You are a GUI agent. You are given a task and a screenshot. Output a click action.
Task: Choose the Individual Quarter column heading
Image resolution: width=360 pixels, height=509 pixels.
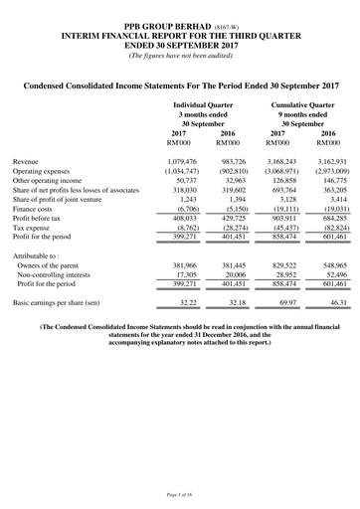tap(203, 103)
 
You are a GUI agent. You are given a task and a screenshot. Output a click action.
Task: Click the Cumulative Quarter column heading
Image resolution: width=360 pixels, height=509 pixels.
tap(300, 103)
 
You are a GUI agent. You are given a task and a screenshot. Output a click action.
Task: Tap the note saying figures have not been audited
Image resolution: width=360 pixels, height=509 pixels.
tap(179, 54)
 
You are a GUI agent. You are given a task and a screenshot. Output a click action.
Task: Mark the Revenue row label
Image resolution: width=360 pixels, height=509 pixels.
tap(29, 160)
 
